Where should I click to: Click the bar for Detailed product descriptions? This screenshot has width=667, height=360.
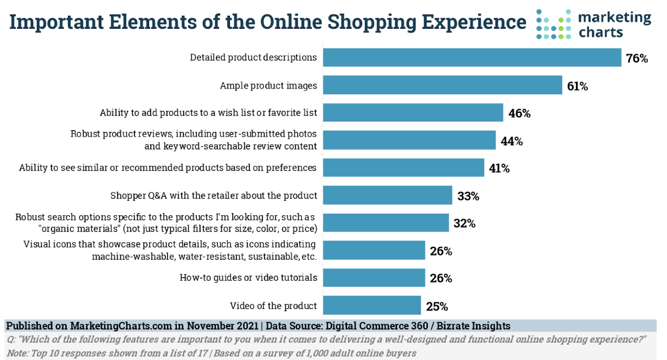[472, 57]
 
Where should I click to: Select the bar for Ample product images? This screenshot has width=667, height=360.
[442, 85]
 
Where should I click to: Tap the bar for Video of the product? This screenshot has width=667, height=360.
[372, 305]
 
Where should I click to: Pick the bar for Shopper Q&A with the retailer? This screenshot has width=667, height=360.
[388, 195]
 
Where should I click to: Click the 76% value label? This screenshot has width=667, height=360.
[637, 59]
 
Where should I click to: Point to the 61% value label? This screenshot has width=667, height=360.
[577, 86]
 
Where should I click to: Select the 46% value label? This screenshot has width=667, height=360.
[519, 114]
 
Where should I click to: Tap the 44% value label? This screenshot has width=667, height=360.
[511, 141]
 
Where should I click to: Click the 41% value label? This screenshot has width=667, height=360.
[499, 169]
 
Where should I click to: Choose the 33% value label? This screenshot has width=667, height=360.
[468, 196]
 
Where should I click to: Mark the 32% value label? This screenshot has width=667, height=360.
[464, 223]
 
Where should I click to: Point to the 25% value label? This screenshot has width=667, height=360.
[437, 306]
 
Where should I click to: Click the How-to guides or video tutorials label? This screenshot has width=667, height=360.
[248, 278]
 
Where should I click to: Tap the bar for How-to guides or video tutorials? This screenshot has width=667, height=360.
[374, 278]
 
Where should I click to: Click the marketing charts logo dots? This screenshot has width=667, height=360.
[553, 24]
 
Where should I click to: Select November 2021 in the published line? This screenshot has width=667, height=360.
[223, 326]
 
